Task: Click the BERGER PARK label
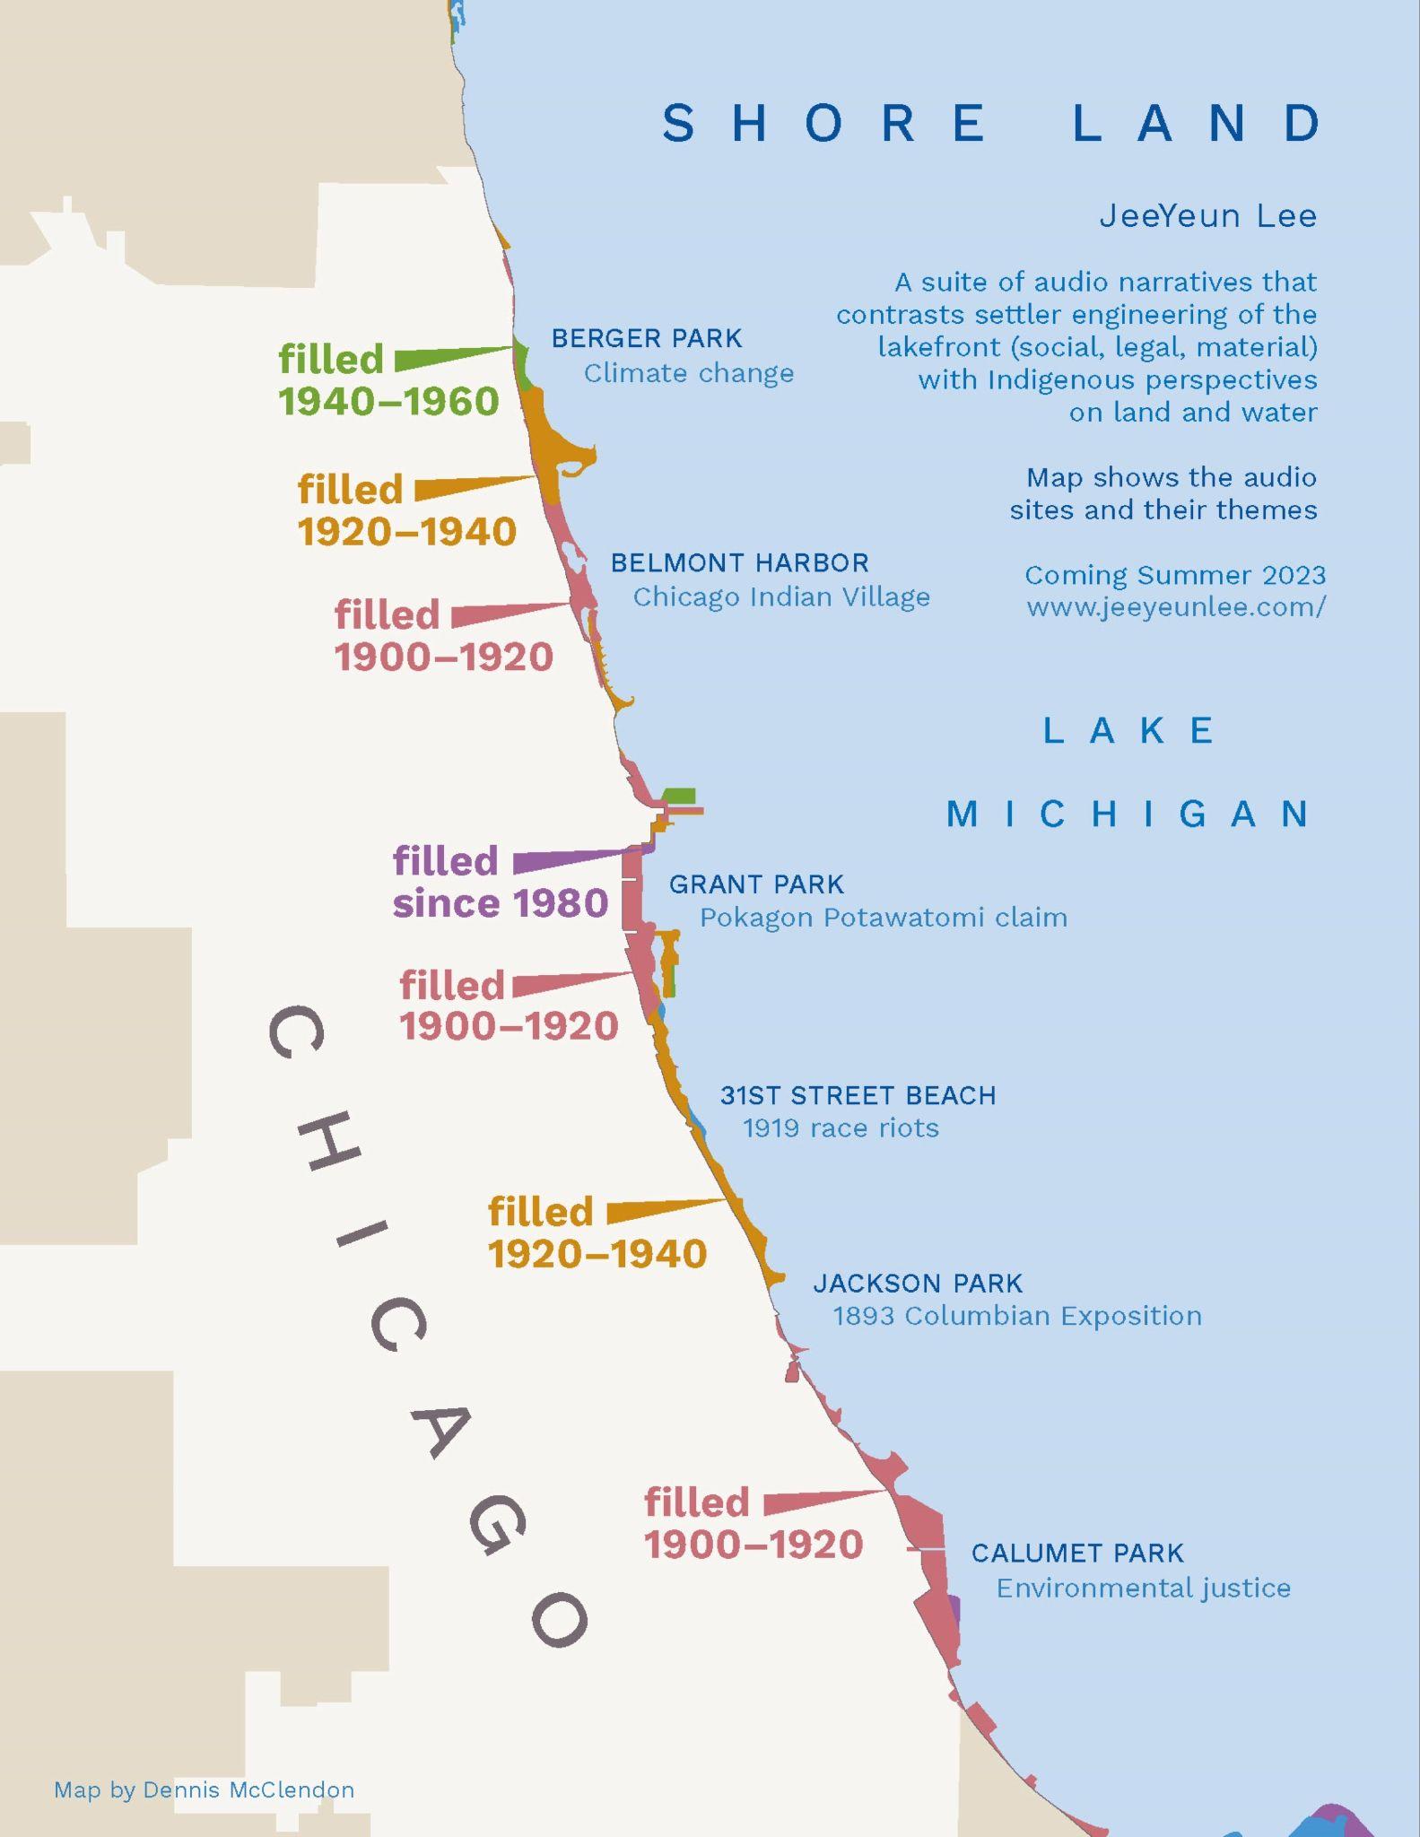(x=646, y=338)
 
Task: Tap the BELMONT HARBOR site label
(x=739, y=562)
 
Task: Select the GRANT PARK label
(x=756, y=884)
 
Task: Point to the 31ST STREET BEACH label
(x=858, y=1095)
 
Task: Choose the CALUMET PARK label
(x=1077, y=1553)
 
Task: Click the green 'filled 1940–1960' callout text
(x=388, y=380)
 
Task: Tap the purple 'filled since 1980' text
(x=500, y=882)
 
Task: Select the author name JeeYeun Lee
(x=1207, y=216)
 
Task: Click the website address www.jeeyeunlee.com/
(x=1175, y=607)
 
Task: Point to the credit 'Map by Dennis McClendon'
(x=204, y=1789)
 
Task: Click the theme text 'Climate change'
(x=688, y=373)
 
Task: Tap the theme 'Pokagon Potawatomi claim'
(x=883, y=918)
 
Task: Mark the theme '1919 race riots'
(x=840, y=1127)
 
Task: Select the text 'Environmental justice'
(x=1143, y=1588)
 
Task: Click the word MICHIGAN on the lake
(x=1129, y=814)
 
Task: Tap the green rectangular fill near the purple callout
(x=679, y=796)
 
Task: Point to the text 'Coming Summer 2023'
(x=1174, y=575)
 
